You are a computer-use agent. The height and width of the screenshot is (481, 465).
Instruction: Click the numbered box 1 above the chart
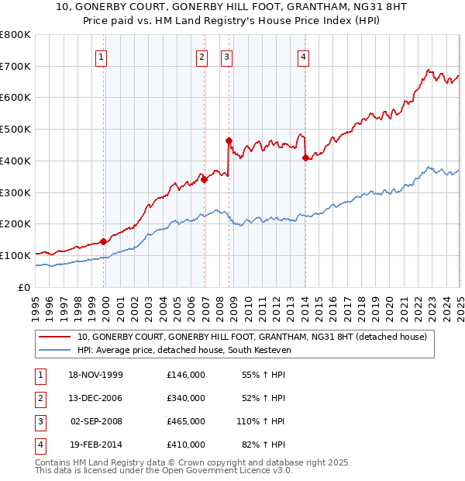(x=102, y=56)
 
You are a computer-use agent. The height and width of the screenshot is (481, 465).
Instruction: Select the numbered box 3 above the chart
(x=226, y=56)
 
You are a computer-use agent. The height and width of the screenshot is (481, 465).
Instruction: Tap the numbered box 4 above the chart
(x=304, y=56)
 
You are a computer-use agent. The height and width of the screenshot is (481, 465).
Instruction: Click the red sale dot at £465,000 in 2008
(x=229, y=140)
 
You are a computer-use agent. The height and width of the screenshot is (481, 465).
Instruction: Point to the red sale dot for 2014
(x=305, y=157)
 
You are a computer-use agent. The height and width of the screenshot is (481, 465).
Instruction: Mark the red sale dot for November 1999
(x=104, y=241)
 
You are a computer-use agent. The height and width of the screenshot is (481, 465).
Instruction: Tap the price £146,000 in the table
(x=185, y=375)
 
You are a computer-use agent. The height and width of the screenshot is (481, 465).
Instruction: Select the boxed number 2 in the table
(x=39, y=398)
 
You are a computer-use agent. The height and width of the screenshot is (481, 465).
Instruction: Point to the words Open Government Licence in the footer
(x=221, y=470)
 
